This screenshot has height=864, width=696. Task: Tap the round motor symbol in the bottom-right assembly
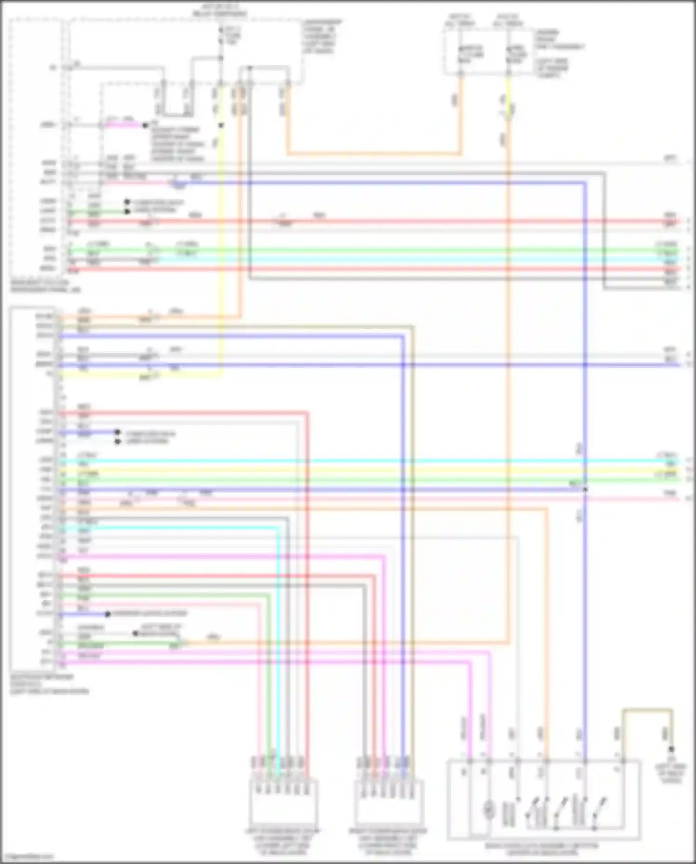tap(489, 810)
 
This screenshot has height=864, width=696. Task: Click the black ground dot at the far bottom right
tap(671, 749)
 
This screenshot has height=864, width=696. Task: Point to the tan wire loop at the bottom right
tap(647, 710)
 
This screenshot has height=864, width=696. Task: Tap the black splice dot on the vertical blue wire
tap(585, 489)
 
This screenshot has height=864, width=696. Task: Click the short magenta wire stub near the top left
tap(123, 125)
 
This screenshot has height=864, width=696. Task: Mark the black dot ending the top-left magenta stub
tap(145, 125)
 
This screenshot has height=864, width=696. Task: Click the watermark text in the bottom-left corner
tap(28, 856)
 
